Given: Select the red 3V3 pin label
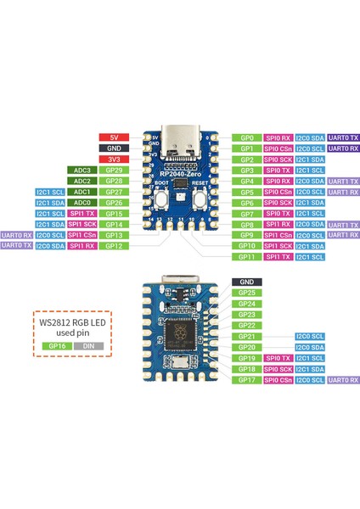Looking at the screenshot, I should pos(114,159).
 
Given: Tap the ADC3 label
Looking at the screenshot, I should pos(82,170).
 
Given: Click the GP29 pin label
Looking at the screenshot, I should pos(114,170).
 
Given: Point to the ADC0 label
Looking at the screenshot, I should pos(82,203).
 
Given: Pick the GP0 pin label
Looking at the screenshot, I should pos(247,137).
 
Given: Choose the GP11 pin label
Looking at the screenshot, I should pos(247,256).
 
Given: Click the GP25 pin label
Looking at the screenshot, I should pos(247,293).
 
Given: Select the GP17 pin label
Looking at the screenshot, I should pos(247,380).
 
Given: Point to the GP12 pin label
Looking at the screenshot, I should pos(114,246).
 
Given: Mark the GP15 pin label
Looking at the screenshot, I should pos(114,214).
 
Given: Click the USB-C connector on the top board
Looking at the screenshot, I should pos(181,141).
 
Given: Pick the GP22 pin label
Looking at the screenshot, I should pos(247,326).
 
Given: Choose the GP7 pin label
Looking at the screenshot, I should pos(247,213).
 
